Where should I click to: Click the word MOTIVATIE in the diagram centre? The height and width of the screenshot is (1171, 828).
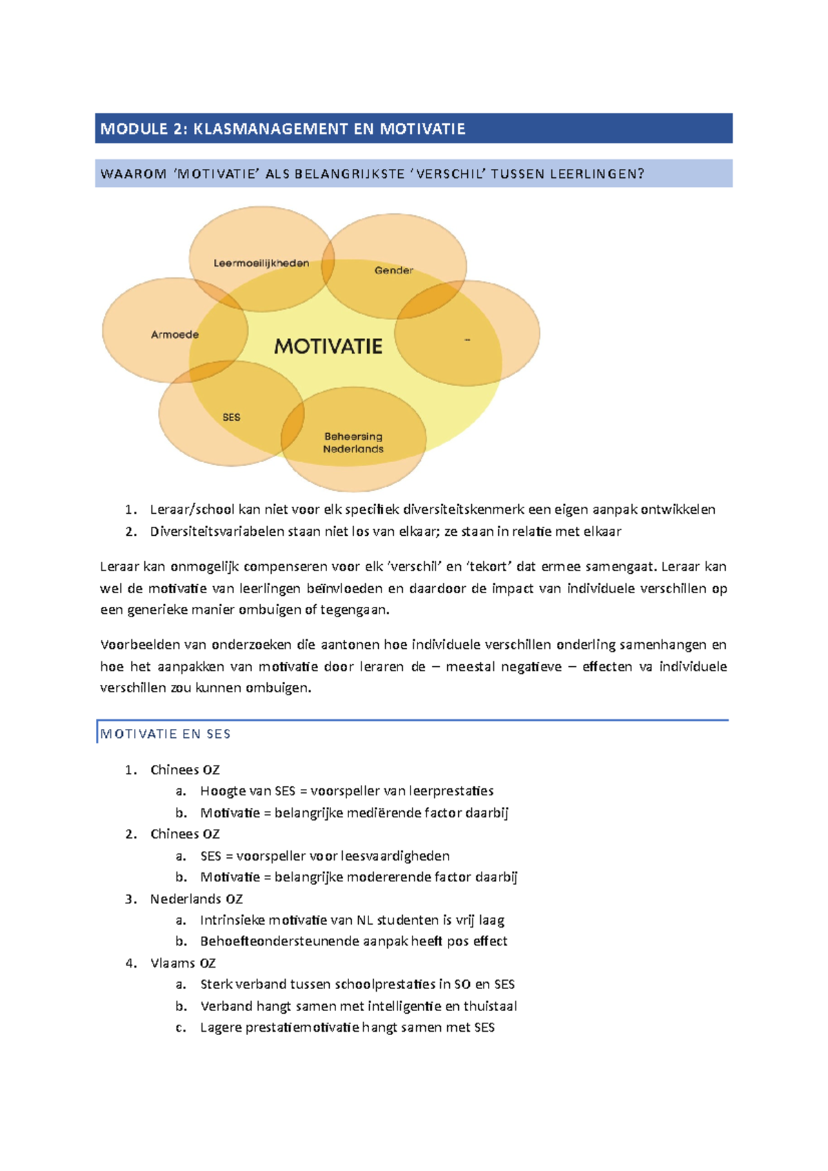328,346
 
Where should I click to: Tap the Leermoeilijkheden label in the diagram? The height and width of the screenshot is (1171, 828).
261,263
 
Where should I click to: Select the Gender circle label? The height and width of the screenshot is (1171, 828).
393,270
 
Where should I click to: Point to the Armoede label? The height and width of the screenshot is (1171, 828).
175,334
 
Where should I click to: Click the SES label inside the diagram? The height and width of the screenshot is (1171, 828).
231,417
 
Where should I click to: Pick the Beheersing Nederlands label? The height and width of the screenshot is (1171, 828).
353,443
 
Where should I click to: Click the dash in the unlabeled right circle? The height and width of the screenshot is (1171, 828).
468,340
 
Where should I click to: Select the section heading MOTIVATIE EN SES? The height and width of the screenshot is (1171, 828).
166,734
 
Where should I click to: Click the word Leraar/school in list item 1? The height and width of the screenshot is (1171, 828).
192,510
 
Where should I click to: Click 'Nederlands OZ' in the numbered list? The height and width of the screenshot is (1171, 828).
196,899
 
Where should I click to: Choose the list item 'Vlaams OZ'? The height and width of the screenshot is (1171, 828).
183,963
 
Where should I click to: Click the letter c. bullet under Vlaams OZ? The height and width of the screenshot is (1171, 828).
181,1028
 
